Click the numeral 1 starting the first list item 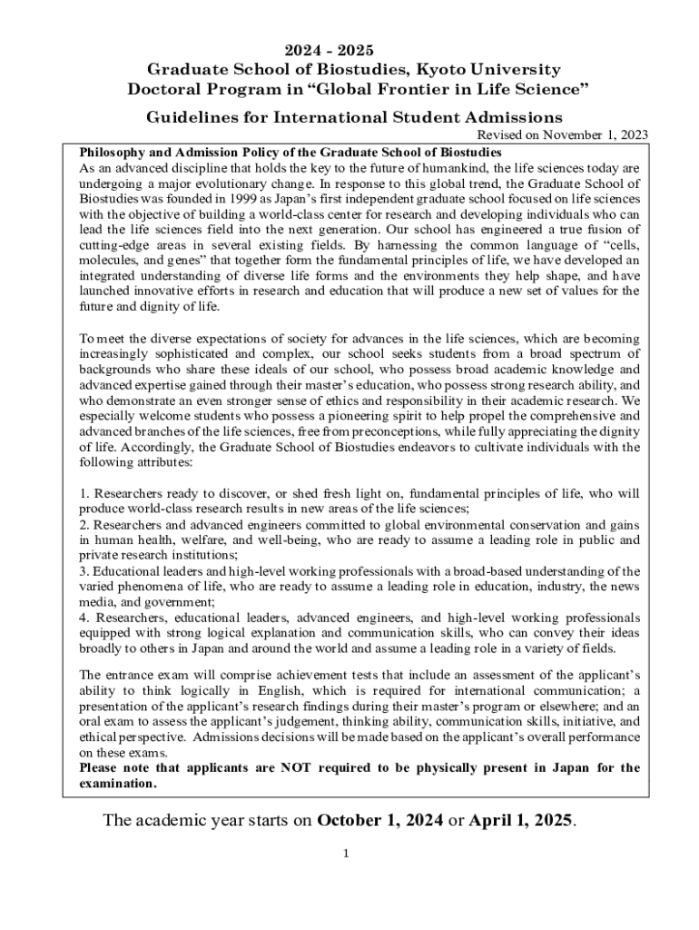[83, 494]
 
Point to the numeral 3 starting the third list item [83, 571]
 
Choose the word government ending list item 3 [168, 602]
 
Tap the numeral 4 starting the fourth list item [83, 618]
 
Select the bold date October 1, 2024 [373, 821]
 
